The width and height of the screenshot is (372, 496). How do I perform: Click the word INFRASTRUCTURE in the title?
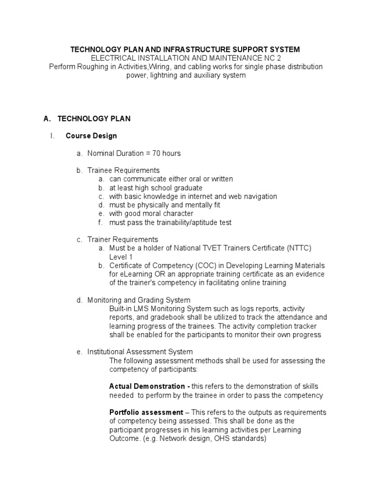(x=186, y=49)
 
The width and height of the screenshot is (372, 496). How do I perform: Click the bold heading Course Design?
(x=91, y=136)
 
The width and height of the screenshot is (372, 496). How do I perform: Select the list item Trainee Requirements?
(x=124, y=170)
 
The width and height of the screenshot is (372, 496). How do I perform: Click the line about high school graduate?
(x=155, y=188)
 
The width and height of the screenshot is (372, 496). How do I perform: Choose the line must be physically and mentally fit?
(x=165, y=205)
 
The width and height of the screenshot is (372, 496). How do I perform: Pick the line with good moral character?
(x=151, y=214)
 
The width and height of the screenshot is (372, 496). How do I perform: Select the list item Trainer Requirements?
(x=123, y=240)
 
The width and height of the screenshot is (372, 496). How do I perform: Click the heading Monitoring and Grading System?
(x=139, y=300)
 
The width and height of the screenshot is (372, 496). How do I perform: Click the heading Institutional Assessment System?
(x=140, y=352)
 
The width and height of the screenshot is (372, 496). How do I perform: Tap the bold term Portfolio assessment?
(x=146, y=412)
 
